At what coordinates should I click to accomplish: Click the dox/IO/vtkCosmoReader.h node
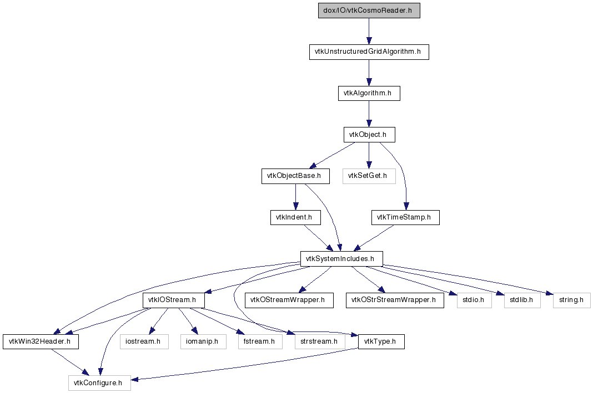(369, 11)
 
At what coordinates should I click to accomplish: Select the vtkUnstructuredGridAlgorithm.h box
(369, 52)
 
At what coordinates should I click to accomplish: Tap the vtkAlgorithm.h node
(369, 93)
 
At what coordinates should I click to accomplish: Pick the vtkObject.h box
(369, 134)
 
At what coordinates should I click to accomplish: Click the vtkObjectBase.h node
(295, 176)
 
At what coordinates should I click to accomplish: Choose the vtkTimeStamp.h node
(405, 217)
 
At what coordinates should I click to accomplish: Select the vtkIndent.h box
(295, 217)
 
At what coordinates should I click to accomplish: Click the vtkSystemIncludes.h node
(341, 258)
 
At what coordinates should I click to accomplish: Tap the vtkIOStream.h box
(173, 300)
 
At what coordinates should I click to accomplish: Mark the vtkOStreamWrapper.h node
(289, 300)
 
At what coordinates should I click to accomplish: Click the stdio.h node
(470, 300)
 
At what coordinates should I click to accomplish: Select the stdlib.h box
(518, 300)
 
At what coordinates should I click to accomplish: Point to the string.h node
(571, 300)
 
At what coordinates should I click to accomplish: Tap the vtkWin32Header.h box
(40, 341)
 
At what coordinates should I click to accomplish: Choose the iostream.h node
(144, 341)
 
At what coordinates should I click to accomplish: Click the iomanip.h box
(203, 341)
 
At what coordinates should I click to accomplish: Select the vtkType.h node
(381, 341)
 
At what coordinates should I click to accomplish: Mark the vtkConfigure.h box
(99, 382)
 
